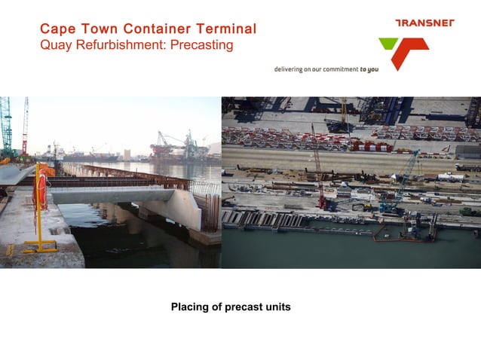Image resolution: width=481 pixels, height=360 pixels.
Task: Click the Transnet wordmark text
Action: coord(424,23)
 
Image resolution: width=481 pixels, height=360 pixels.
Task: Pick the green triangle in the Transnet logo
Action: coord(389,44)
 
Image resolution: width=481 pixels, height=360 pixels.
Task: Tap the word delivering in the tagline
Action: coord(289,69)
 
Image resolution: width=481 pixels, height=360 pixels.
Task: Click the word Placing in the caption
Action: coord(188,307)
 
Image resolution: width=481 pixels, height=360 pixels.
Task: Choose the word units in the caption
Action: coord(276,307)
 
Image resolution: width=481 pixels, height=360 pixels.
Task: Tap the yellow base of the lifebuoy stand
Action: coord(39,246)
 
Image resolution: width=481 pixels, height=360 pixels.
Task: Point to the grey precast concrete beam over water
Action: coord(113,195)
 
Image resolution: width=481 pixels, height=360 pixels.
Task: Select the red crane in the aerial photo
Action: coord(319,169)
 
